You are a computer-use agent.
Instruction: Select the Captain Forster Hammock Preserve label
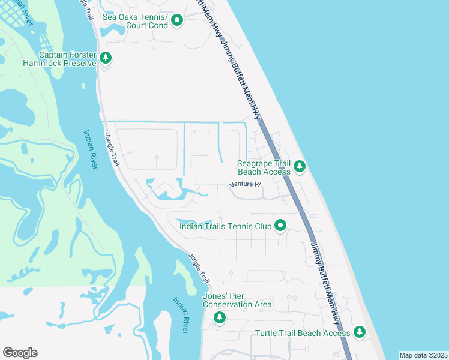pos(59,58)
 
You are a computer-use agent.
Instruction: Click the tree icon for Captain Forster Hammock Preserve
pos(106,58)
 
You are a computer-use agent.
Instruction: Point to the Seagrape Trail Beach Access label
pos(264,167)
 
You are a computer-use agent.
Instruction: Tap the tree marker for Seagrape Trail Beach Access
pos(300,166)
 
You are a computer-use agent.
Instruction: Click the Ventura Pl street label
pos(246,185)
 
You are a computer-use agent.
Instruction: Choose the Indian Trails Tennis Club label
pos(225,226)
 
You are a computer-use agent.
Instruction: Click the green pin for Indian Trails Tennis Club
pos(280,226)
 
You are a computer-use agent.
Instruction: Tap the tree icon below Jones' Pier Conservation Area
pos(220,317)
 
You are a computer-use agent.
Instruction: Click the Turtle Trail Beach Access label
pos(303,333)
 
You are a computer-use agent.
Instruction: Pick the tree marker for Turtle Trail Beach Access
pos(359,331)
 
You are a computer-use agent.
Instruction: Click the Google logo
pos(20,353)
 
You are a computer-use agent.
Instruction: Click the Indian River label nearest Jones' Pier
pos(181,316)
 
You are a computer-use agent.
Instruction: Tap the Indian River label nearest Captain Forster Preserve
pos(91,149)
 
